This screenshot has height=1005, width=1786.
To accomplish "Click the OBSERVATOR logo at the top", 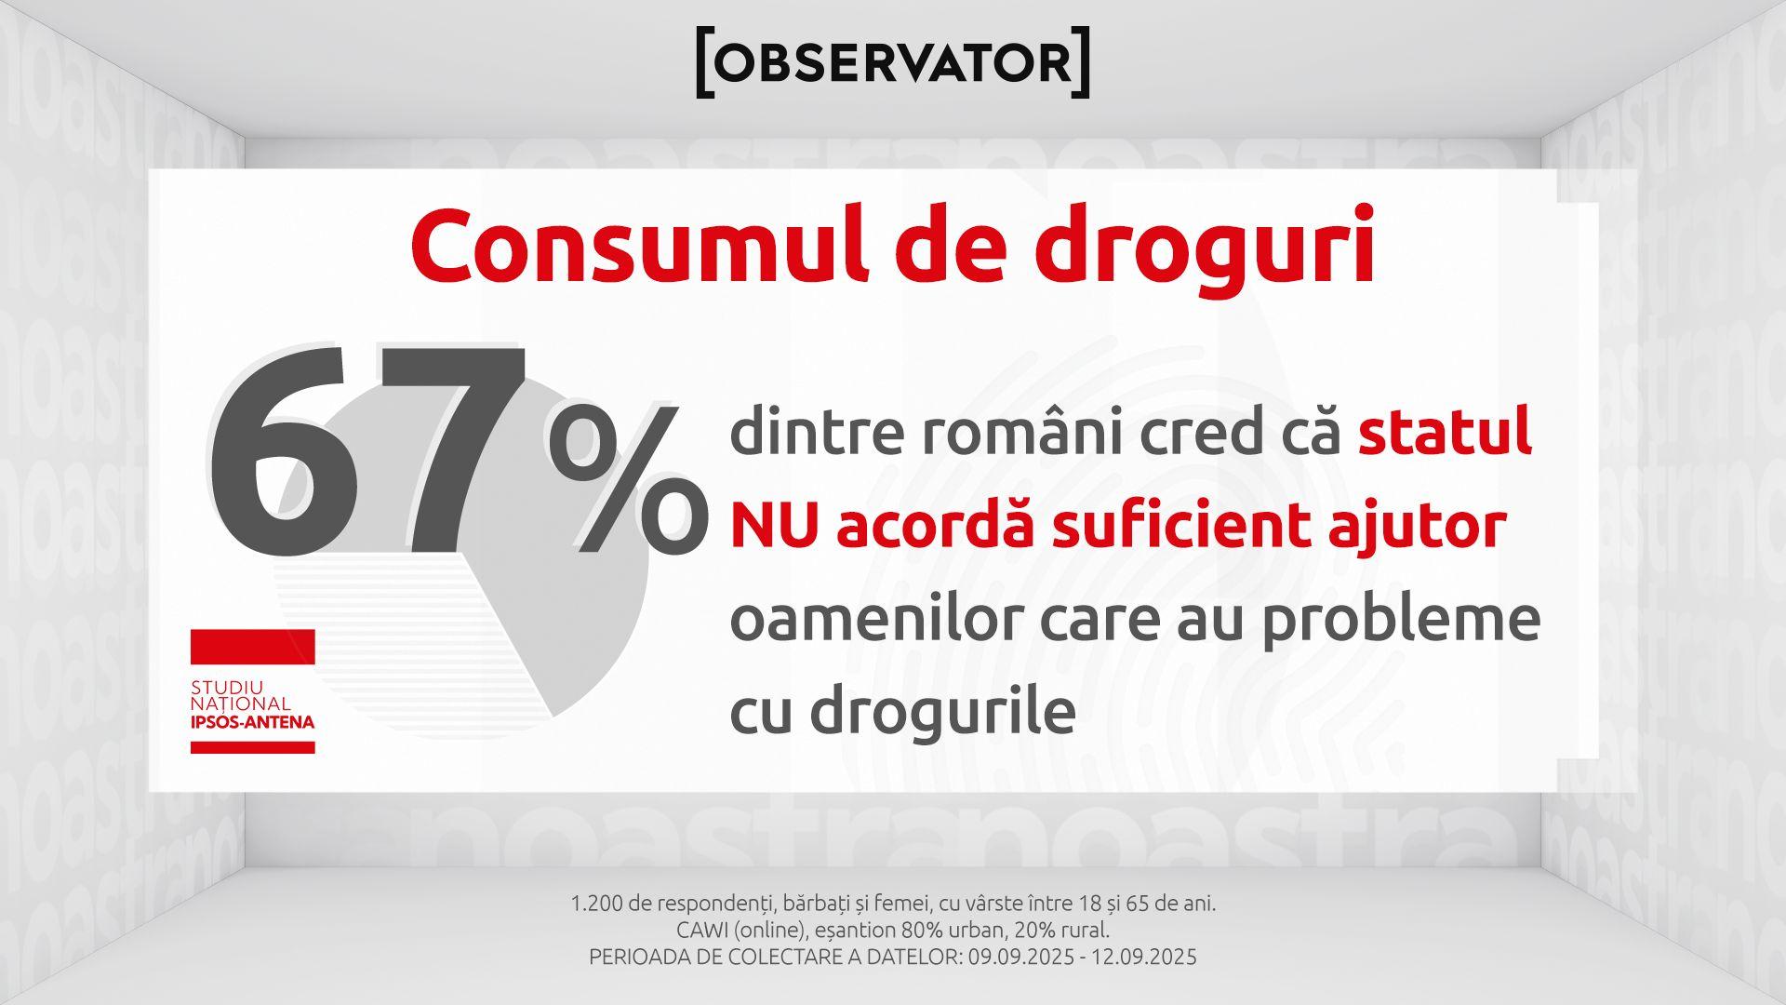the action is tap(893, 63).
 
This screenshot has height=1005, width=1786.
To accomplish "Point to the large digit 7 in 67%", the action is tap(450, 451).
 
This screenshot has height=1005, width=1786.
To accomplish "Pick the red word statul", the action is tap(1445, 432).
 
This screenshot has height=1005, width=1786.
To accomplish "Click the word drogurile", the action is tap(942, 712).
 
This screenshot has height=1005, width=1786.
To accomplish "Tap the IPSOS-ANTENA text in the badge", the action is tap(252, 722).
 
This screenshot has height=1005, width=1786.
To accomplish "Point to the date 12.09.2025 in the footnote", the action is tap(1143, 957).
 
